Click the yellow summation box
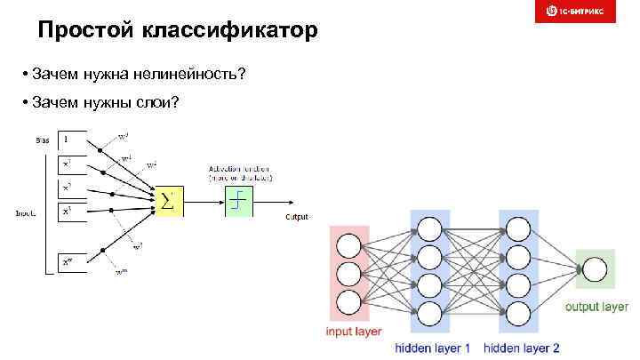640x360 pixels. click(x=169, y=202)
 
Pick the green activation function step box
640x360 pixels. click(x=238, y=202)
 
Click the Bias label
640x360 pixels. click(x=43, y=140)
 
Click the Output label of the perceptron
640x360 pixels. click(x=296, y=217)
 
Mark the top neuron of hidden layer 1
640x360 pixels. click(x=429, y=230)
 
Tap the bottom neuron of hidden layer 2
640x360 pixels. click(x=518, y=314)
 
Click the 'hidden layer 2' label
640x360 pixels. click(x=522, y=348)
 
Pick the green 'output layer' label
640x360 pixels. click(x=596, y=307)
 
